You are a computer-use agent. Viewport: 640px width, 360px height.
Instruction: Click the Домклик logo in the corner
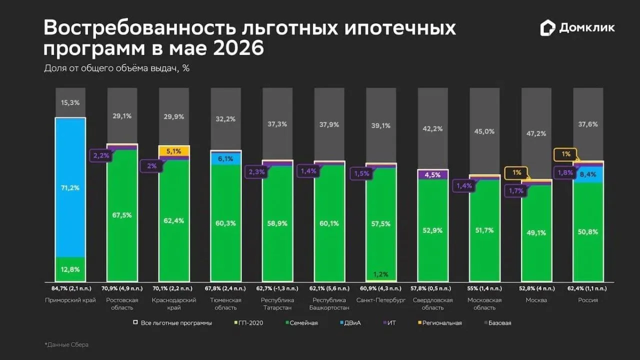pyautogui.click(x=577, y=28)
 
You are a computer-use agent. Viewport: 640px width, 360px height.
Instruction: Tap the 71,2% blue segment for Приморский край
pyautogui.click(x=70, y=187)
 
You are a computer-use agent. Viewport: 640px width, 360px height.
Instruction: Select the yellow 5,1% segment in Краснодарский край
pyautogui.click(x=174, y=151)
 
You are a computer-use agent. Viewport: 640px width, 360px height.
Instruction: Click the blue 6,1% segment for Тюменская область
pyautogui.click(x=225, y=158)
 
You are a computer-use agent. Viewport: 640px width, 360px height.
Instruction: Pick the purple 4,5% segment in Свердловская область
pyautogui.click(x=432, y=174)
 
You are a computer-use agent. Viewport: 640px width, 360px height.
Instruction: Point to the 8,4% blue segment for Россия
pyautogui.click(x=588, y=174)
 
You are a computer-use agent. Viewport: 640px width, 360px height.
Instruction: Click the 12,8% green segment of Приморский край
pyautogui.click(x=70, y=269)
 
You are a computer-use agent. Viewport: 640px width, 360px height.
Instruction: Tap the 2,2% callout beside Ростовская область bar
pyautogui.click(x=101, y=155)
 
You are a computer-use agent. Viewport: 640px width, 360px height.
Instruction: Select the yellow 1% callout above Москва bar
pyautogui.click(x=516, y=172)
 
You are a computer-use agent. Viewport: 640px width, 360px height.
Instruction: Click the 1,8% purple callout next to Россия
pyautogui.click(x=565, y=172)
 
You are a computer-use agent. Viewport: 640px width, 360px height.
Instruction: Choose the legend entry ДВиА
pyautogui.click(x=350, y=323)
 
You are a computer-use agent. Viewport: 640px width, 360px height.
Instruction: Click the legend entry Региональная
pyautogui.click(x=439, y=323)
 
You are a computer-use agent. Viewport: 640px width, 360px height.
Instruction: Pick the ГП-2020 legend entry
pyautogui.click(x=248, y=323)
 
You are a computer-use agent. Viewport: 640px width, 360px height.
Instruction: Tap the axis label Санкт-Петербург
pyautogui.click(x=381, y=300)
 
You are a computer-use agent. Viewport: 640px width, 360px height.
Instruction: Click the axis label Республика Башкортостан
pyautogui.click(x=329, y=303)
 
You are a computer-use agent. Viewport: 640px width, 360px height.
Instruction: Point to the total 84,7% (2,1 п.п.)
pyautogui.click(x=71, y=288)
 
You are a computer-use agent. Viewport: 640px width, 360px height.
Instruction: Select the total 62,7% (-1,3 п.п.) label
pyautogui.click(x=277, y=288)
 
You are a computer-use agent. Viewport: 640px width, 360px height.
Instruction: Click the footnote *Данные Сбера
pyautogui.click(x=66, y=345)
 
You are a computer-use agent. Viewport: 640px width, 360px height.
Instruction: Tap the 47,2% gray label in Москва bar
pyautogui.click(x=536, y=133)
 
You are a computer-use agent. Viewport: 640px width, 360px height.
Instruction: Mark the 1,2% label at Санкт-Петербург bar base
pyautogui.click(x=381, y=274)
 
